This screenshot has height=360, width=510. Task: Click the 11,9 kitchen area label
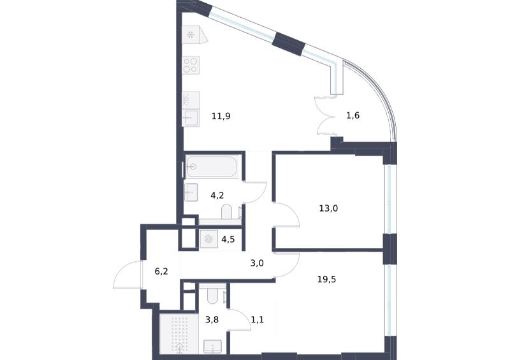point(221,116)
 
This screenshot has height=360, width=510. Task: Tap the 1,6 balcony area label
point(353,115)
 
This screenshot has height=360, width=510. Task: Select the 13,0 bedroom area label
point(328,208)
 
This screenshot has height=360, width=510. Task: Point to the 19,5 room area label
point(326,279)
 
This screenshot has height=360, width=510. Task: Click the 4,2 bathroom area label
point(217,196)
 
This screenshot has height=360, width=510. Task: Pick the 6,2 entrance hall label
point(161,271)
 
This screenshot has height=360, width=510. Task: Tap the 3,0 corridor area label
point(257,263)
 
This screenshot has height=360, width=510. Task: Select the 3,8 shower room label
point(212,320)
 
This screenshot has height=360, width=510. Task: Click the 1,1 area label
point(258,320)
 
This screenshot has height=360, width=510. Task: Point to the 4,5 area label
point(228,240)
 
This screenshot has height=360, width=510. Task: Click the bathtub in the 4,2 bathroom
point(212,167)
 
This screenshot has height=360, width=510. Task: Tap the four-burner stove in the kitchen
point(191,65)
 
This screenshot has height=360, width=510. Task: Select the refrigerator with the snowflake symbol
point(194,35)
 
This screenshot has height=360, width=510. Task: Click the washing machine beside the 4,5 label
point(209,239)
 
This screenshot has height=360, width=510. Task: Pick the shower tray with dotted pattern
point(179,334)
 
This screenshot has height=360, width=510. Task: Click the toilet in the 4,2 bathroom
point(226,212)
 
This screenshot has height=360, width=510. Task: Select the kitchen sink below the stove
point(191,118)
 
